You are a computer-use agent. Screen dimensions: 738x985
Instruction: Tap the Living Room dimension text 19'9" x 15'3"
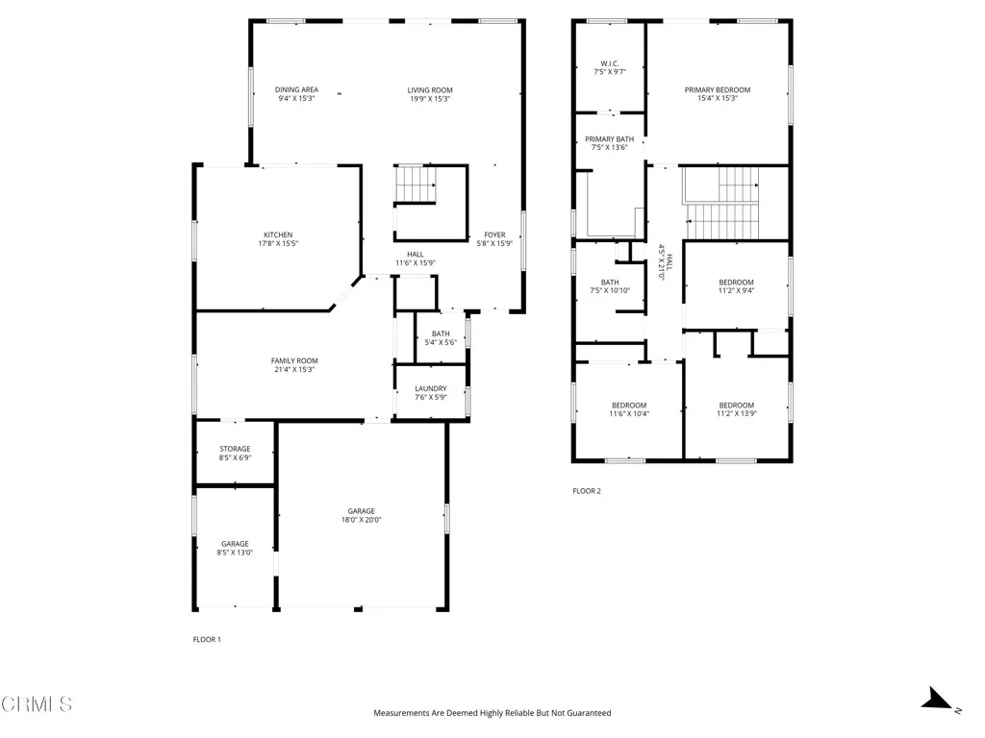[430, 99]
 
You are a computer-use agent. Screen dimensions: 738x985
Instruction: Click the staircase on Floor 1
[416, 184]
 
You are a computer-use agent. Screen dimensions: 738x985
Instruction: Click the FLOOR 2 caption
[587, 491]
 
